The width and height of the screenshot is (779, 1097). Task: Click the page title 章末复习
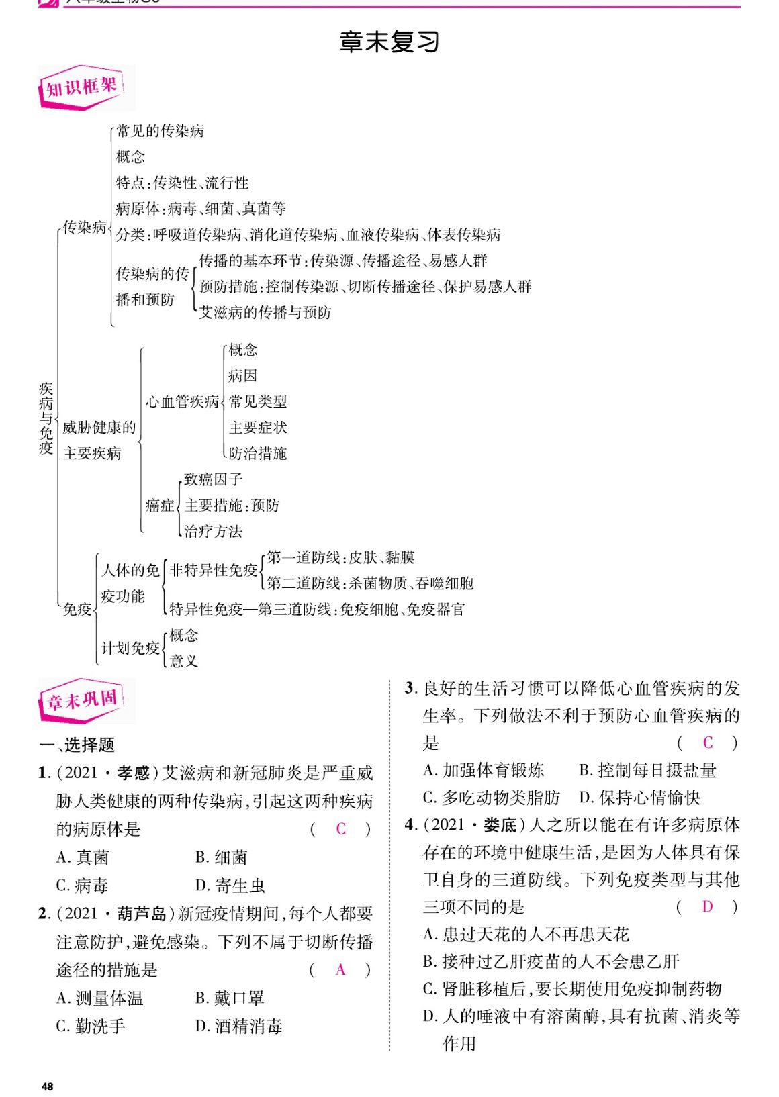[x=389, y=42]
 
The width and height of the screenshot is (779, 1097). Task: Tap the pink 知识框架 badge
[x=82, y=87]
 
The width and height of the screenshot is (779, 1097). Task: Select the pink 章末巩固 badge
[x=82, y=701]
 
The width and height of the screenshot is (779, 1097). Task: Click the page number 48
[x=47, y=1086]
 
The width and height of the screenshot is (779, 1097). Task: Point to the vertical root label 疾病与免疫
[x=46, y=418]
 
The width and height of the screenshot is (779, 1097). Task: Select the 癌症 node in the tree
[x=160, y=505]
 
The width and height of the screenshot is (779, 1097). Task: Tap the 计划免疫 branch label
[x=130, y=648]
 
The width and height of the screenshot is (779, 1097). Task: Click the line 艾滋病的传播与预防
[x=265, y=312]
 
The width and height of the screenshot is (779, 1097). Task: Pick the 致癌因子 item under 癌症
[x=213, y=479]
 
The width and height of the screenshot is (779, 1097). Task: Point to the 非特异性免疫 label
[x=214, y=570]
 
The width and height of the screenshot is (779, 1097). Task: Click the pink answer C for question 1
[x=340, y=829]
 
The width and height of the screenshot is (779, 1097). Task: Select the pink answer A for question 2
[x=340, y=969]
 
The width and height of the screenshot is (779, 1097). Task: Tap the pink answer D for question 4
[x=707, y=907]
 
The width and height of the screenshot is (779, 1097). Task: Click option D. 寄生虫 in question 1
[x=230, y=886]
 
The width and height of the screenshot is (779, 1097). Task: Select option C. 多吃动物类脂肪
[x=492, y=798]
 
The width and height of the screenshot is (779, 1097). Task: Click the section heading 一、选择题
[x=77, y=745]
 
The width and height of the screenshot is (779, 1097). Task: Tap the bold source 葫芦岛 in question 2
[x=141, y=914]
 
